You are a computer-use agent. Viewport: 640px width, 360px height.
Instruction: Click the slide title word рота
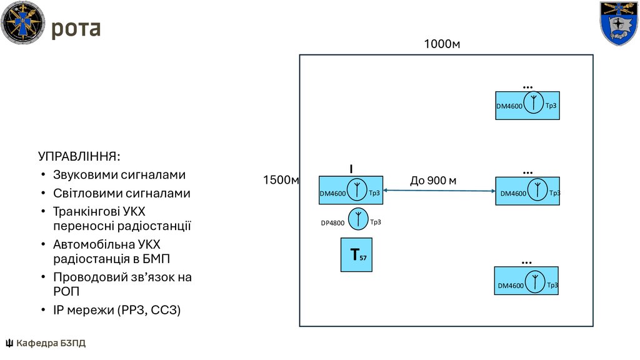76,29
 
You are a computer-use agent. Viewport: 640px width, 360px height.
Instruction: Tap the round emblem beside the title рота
23,22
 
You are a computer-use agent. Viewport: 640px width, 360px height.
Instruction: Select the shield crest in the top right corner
619,23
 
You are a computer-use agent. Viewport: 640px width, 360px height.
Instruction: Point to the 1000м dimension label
442,44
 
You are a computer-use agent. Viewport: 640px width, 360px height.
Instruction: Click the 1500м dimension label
281,180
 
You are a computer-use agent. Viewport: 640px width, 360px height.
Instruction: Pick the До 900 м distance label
433,181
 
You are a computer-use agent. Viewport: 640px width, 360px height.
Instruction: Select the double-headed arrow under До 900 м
439,191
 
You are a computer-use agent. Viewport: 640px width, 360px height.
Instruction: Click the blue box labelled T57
356,255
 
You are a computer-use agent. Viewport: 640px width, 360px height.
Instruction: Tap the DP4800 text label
332,223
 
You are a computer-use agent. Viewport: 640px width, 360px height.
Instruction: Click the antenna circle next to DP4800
358,219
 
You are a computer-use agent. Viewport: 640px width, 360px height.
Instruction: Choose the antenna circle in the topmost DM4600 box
534,102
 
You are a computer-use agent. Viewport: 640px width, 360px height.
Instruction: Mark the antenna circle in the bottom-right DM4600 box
535,282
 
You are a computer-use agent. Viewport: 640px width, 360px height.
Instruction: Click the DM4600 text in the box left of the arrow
332,194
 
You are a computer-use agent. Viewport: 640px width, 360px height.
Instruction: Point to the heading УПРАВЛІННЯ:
79,156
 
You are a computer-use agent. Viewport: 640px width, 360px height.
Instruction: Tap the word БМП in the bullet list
156,259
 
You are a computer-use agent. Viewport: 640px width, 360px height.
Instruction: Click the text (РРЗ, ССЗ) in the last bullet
149,310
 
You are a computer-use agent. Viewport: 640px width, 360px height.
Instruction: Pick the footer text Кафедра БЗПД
51,343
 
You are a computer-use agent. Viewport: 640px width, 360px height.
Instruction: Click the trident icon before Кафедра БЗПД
9,343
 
